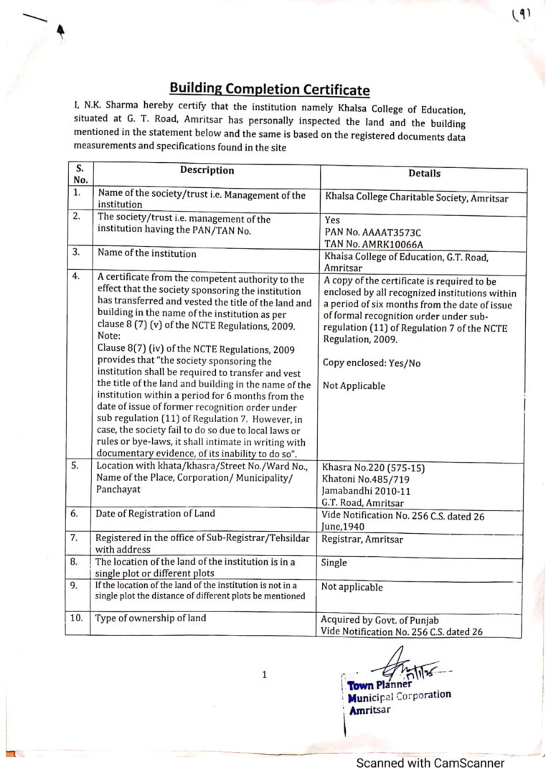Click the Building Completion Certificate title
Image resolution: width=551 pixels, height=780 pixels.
point(270,89)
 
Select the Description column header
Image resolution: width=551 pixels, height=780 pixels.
point(207,171)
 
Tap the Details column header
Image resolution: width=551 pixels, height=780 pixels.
point(425,173)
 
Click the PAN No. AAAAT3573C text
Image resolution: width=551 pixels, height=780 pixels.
point(373,232)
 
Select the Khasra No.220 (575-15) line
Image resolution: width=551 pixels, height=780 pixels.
point(374,469)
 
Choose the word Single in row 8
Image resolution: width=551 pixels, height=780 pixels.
point(335,563)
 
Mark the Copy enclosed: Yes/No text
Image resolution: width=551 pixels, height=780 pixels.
point(372,363)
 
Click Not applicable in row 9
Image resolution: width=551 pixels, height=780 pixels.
point(352,587)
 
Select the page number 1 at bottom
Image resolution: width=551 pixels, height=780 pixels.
point(265,675)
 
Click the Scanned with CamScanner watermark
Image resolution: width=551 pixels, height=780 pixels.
point(430,763)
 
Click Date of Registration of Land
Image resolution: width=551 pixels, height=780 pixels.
point(156,513)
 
